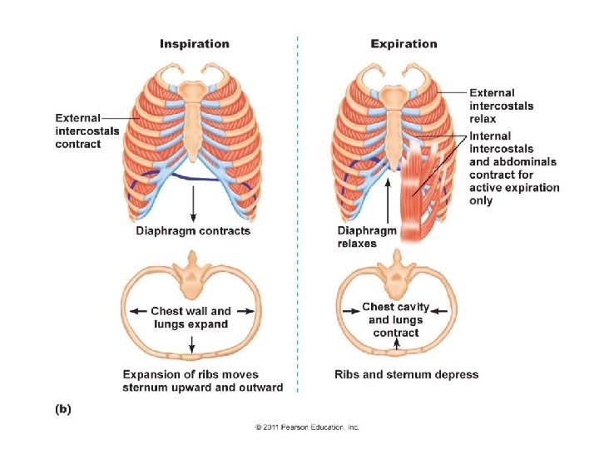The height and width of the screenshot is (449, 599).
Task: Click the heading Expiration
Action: pos(403,43)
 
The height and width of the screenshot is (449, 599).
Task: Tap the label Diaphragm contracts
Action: pos(193,230)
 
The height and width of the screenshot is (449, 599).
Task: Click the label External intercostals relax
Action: pos(502,106)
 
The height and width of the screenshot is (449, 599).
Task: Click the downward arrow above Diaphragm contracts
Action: pos(193,204)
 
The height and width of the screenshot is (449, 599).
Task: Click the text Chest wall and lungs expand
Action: pos(191,317)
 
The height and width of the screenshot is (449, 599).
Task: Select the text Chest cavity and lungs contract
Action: pos(396,319)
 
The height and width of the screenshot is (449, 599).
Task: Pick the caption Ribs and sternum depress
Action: pos(406,374)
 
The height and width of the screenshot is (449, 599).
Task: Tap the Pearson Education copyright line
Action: pos(307,427)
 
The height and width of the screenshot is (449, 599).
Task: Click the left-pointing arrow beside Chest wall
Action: pos(138,311)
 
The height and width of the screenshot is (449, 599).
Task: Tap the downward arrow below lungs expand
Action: pos(193,343)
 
